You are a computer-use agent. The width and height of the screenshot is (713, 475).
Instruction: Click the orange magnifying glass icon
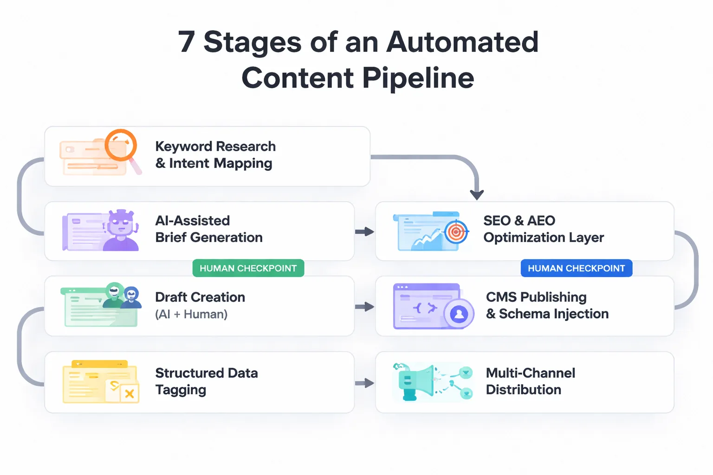point(121,145)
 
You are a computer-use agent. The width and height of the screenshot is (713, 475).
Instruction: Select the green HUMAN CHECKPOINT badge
point(248,268)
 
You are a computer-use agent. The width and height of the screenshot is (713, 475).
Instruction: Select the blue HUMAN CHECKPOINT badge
point(576,268)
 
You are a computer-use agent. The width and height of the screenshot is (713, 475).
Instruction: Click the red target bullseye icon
point(456,232)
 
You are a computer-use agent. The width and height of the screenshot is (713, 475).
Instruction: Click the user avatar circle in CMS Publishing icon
point(459,314)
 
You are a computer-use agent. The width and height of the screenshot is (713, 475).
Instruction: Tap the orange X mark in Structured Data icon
point(130,394)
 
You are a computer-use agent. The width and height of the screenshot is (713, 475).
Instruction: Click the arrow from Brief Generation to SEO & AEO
point(364,231)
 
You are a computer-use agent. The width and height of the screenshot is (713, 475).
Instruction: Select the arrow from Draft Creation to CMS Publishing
point(364,307)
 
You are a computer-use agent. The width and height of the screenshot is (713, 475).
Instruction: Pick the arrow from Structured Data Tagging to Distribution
point(364,383)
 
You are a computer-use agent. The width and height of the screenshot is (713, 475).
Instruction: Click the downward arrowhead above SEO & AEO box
point(477,195)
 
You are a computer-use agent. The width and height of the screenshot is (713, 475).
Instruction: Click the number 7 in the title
point(186,42)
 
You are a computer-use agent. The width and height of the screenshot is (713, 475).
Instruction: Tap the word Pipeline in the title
point(418,77)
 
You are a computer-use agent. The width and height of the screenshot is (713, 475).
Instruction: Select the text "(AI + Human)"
point(191,314)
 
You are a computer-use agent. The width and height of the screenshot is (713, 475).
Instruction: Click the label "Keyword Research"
point(215,146)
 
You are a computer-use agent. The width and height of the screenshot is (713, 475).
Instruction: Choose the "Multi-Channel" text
point(530,373)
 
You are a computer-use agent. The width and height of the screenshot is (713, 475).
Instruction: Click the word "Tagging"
point(181,390)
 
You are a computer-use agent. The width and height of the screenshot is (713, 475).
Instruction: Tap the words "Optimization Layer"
point(543,237)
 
